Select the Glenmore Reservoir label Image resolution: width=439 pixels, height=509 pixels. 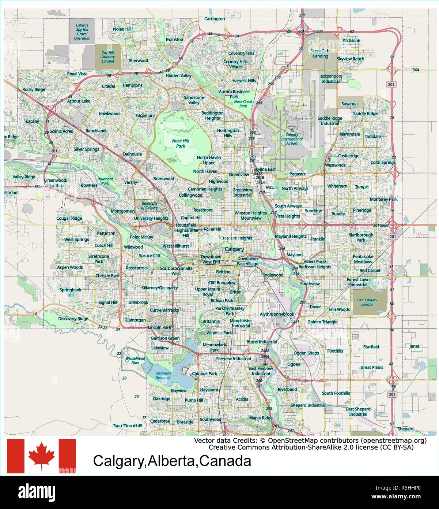click(163, 375)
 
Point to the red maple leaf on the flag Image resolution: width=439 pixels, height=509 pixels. click(42, 455)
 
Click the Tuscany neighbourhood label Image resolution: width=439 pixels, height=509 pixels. click(31, 121)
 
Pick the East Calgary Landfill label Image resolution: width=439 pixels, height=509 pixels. click(367, 302)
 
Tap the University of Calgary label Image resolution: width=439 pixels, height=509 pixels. click(149, 205)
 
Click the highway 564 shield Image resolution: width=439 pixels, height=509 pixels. click(416, 70)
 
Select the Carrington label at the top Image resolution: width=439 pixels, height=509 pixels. click(215, 19)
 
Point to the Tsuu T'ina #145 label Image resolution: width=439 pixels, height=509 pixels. click(128, 426)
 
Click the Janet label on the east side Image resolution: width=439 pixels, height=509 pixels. click(414, 346)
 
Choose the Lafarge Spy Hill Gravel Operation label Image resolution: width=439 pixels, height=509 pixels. click(82, 32)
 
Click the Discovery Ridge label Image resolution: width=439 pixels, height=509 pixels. click(73, 319)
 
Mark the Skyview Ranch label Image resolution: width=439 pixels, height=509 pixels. click(350, 59)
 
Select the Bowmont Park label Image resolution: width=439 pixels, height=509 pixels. click(105, 181)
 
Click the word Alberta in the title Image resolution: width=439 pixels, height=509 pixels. click(172, 461)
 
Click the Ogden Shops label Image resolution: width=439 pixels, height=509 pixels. click(306, 353)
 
